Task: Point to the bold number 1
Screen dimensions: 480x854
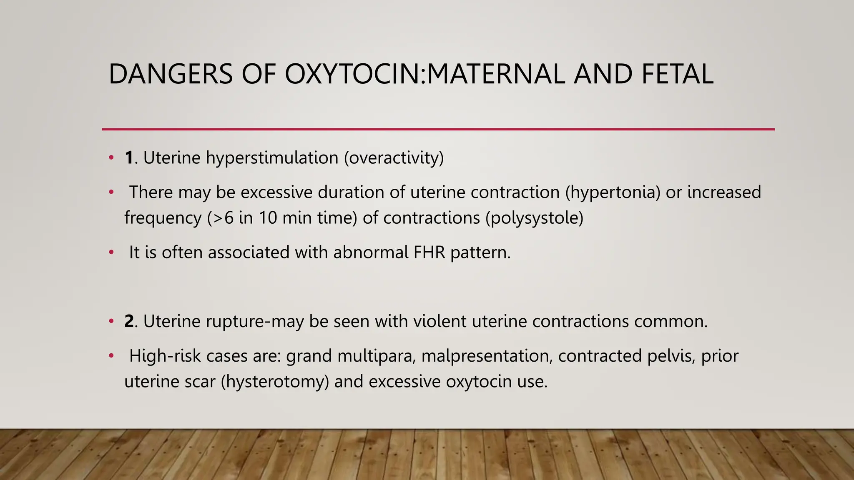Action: (x=129, y=158)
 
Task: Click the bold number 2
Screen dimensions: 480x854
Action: (x=129, y=322)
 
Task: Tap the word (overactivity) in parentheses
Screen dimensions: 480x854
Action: (x=394, y=158)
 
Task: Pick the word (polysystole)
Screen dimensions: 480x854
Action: (x=534, y=218)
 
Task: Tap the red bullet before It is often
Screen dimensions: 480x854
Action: (x=111, y=252)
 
